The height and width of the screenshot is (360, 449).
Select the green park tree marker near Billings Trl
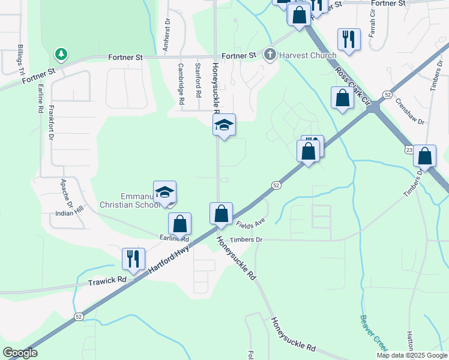point(61,55)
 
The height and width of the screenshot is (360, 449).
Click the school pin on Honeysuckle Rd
point(224,125)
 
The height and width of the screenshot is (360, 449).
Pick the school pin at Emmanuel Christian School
point(164,193)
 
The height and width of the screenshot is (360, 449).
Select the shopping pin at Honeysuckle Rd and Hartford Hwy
point(221,214)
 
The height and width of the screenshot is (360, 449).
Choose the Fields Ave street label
point(250,223)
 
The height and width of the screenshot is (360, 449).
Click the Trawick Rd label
point(107,280)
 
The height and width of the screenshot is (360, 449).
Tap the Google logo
point(20,353)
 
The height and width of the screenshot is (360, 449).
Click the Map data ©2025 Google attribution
point(411,355)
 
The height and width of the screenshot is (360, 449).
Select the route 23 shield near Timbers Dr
point(409,149)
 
